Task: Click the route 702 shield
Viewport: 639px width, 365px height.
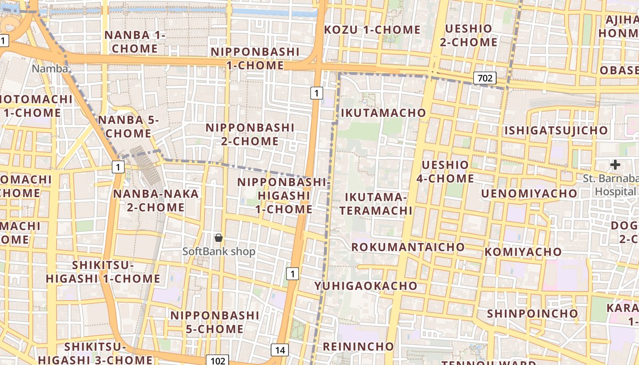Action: coord(485,78)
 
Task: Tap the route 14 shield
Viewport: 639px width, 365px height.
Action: coord(280,350)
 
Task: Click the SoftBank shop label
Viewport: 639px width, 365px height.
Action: coord(219,251)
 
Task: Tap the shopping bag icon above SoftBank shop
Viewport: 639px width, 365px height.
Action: coord(219,238)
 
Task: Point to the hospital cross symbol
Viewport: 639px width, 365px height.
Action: coord(615,165)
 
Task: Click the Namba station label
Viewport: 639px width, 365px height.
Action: coord(50,69)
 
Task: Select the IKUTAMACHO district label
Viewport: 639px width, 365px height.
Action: coord(383,113)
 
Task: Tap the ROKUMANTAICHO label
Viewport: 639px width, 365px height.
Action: coord(408,247)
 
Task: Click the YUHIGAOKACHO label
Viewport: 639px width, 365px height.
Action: coord(366,286)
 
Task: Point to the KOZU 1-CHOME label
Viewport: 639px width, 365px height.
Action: coord(372,30)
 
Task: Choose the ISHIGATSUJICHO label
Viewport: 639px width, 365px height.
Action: coord(556,131)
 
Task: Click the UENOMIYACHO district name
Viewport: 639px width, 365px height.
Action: coord(529,194)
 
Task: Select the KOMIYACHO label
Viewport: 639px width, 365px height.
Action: coord(523,252)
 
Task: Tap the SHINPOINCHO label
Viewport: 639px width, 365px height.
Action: coord(532,314)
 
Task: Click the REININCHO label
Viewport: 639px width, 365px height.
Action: coord(358,346)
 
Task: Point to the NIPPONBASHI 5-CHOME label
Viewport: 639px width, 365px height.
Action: coord(215,322)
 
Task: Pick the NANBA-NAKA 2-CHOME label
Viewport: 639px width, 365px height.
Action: coord(156,201)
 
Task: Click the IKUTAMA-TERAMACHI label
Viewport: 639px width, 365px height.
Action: coord(376,204)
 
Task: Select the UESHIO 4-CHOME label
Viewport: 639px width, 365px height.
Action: coord(445,172)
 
